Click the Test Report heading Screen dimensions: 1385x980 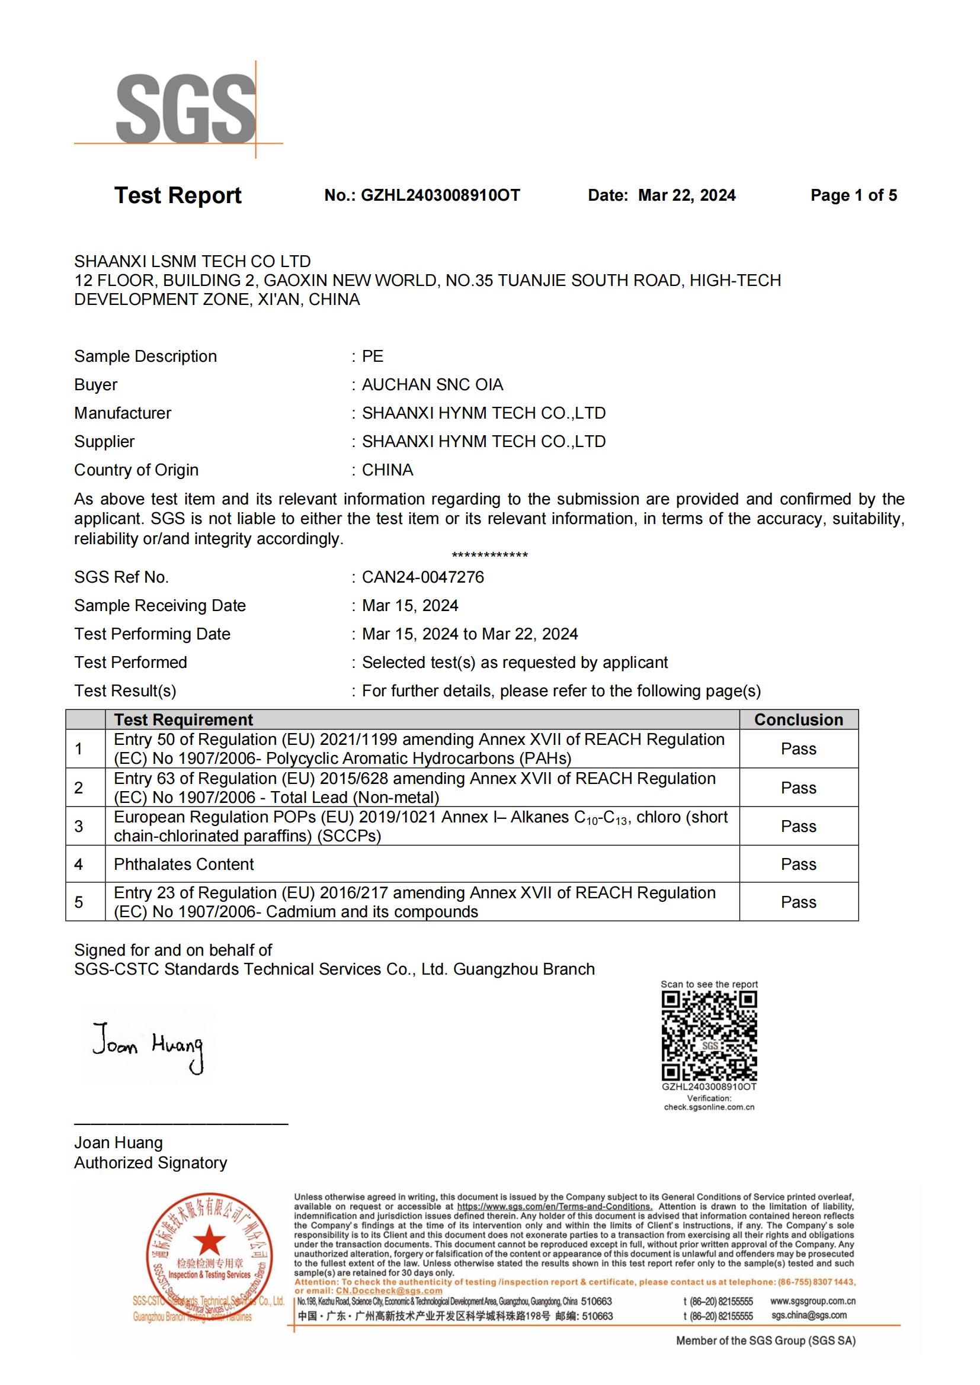tap(177, 195)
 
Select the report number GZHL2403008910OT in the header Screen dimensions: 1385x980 tap(440, 195)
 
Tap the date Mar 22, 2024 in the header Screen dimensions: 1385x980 tap(687, 195)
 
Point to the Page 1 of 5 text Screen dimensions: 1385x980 tap(853, 195)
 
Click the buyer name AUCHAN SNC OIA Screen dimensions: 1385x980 tap(432, 385)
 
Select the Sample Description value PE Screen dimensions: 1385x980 tap(372, 356)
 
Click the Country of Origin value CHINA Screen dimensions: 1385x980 tap(387, 470)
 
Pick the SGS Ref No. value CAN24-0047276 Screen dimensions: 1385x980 tap(422, 577)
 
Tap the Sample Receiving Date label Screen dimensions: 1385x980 tap(160, 606)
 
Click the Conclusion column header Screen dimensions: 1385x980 tap(798, 719)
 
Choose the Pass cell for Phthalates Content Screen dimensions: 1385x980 tap(798, 865)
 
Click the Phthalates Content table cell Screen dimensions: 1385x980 tap(184, 865)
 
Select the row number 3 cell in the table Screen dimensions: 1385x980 tap(79, 827)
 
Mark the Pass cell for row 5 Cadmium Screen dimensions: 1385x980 tap(798, 902)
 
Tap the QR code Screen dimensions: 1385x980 tap(709, 1036)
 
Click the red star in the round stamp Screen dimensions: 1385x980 tap(209, 1241)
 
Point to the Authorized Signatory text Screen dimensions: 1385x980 tap(151, 1163)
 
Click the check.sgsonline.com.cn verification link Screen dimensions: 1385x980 tap(709, 1107)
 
